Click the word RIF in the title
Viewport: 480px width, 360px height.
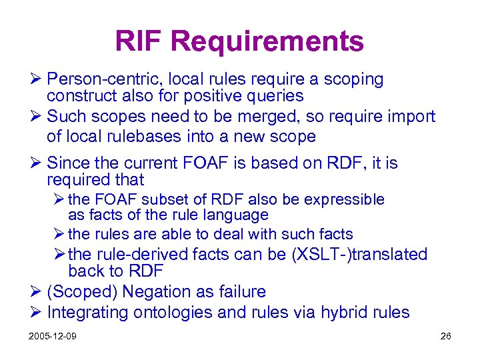[140, 41]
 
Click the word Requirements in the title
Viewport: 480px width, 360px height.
[267, 41]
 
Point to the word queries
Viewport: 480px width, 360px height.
[273, 97]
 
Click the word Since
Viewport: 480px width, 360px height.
[69, 163]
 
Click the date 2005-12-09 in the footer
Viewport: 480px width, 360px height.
[53, 336]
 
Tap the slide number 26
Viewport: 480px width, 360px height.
[445, 336]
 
